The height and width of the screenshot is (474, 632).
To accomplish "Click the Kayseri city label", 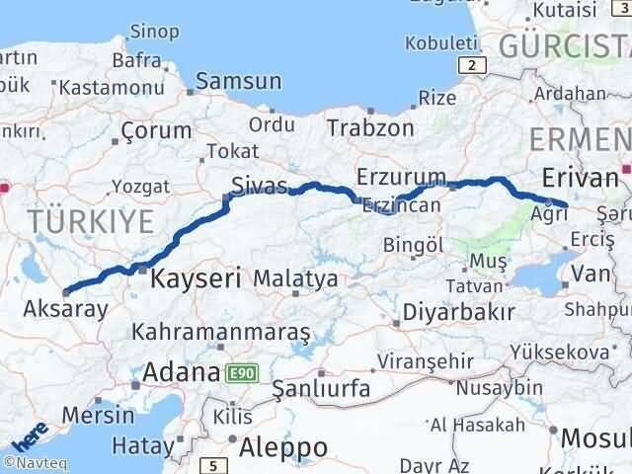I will (x=196, y=279).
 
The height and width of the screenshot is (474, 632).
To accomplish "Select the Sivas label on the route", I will (x=260, y=185).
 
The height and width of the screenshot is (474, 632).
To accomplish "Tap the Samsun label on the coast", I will (x=238, y=82).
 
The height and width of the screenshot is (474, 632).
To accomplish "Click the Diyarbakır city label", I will (x=458, y=312).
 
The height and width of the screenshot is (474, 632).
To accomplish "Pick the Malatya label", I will (x=296, y=279).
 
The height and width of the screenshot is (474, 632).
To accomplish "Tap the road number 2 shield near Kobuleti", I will (x=475, y=65).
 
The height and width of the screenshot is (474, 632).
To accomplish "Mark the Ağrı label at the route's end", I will (x=548, y=213).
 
